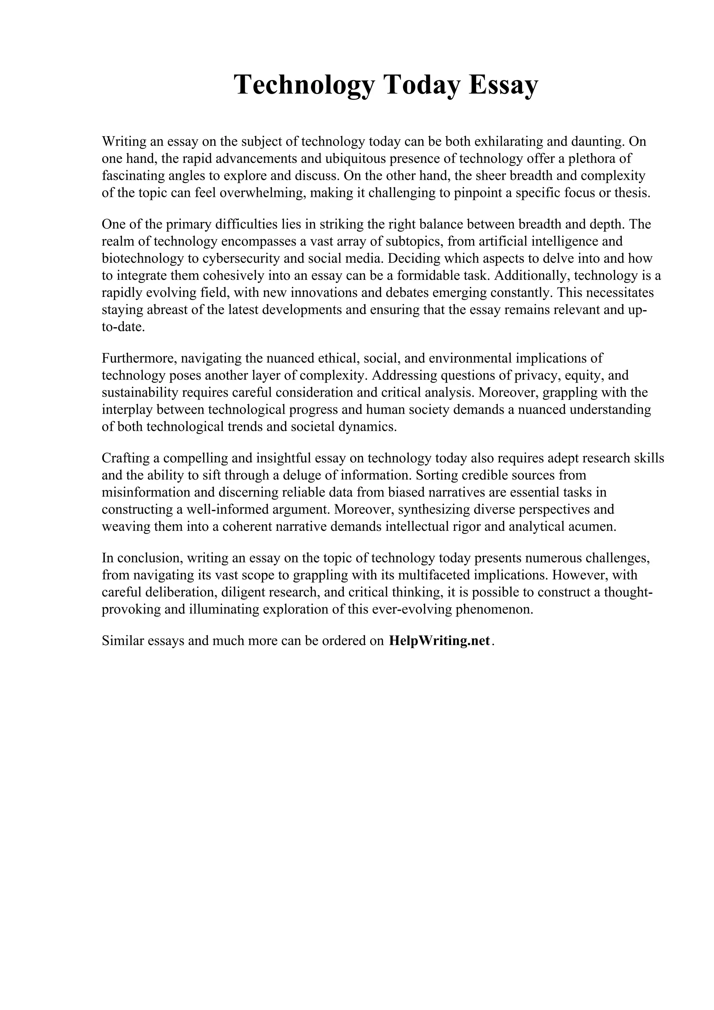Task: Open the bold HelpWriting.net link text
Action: [x=439, y=641]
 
